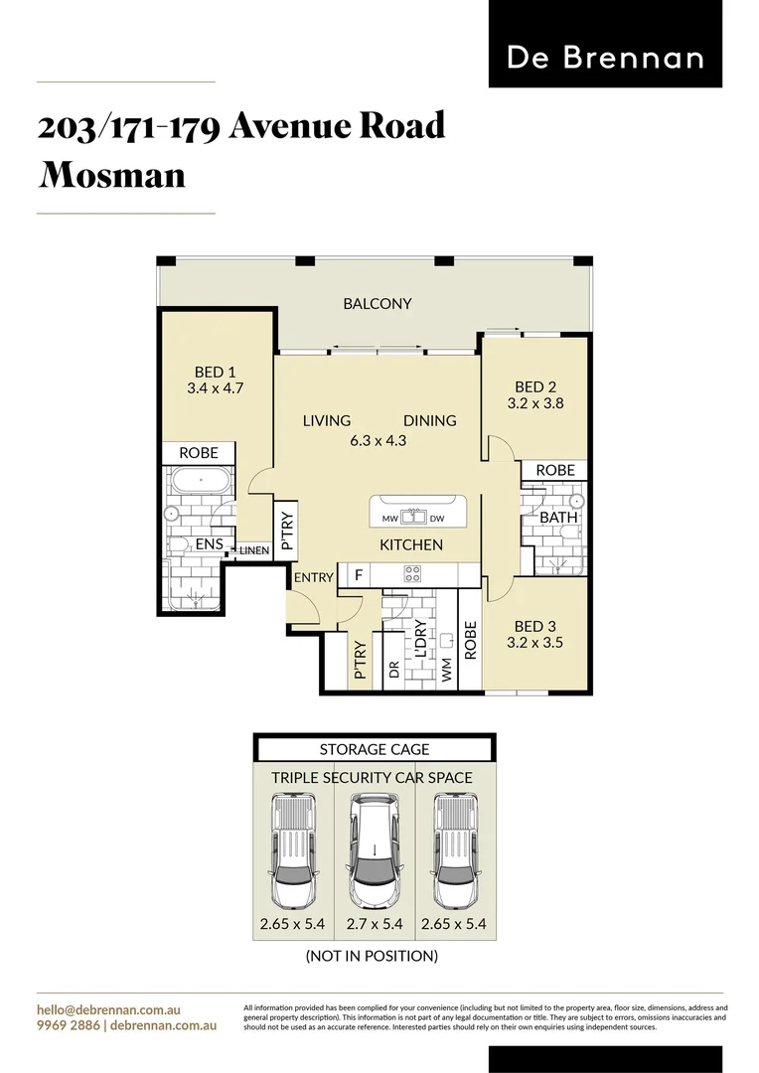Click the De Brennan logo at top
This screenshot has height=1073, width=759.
[605, 58]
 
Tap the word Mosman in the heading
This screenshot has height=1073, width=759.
[111, 175]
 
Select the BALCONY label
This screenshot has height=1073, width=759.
[378, 303]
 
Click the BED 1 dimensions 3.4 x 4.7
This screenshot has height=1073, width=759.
[216, 388]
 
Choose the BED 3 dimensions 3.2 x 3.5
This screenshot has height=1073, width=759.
[535, 642]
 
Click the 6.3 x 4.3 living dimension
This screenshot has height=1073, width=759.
[379, 440]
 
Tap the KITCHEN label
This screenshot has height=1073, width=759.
[411, 544]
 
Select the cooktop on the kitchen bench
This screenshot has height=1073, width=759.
[412, 573]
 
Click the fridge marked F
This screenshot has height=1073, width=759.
[357, 574]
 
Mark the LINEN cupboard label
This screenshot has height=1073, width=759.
[253, 549]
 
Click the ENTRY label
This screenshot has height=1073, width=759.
[313, 577]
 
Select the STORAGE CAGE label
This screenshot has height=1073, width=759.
[375, 749]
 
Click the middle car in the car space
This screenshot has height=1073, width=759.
[375, 849]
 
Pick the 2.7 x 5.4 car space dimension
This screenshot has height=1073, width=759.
[375, 924]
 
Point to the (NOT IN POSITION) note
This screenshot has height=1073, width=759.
[372, 956]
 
